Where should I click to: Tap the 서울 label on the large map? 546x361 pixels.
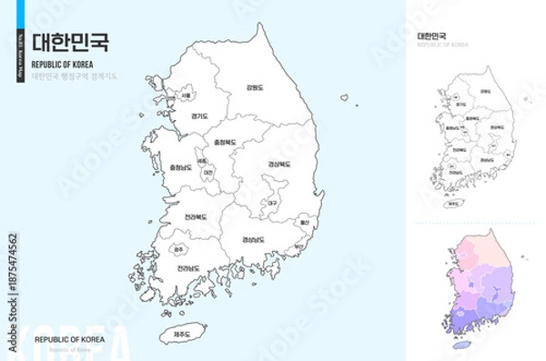[186, 95]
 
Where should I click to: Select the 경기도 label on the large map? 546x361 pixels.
[199, 116]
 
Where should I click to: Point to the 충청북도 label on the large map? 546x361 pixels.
[224, 143]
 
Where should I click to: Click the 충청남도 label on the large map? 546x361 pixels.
[181, 167]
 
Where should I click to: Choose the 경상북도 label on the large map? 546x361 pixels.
[279, 165]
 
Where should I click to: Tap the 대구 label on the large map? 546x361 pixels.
[272, 203]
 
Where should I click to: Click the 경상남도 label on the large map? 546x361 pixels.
[254, 239]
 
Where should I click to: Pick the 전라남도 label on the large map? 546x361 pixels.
[188, 268]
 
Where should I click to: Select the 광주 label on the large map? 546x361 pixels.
[177, 248]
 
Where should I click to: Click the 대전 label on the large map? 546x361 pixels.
[208, 172]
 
